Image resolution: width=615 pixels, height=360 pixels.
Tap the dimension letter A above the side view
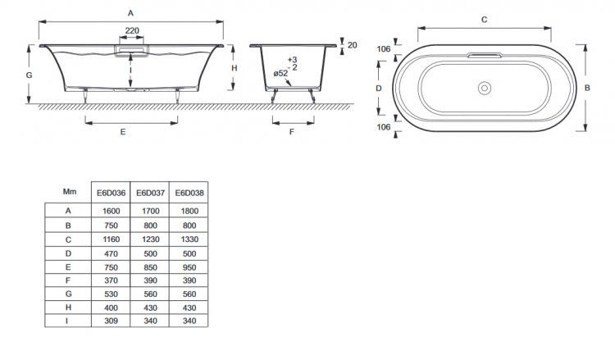click(130, 12)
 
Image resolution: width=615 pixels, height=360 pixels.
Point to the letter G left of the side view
click(29, 75)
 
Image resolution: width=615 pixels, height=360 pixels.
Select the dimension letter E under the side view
click(122, 131)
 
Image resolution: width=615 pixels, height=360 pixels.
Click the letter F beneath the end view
click(292, 131)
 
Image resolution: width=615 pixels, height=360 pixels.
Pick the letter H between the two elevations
click(234, 68)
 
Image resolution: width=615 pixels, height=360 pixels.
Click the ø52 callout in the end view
click(281, 73)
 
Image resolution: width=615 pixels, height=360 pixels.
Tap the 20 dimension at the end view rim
click(352, 44)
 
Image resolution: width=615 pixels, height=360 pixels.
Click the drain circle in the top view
click(484, 86)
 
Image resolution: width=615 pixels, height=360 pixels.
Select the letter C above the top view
click(484, 18)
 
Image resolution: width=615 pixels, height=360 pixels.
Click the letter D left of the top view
click(379, 87)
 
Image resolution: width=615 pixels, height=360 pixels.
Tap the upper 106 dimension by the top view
click(381, 48)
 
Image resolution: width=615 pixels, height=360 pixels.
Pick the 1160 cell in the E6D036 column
click(112, 238)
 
